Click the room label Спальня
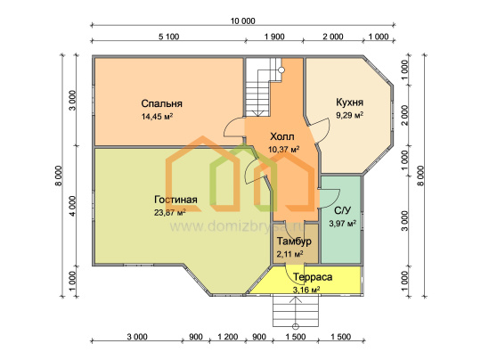point(161,103)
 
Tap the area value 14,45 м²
point(157,117)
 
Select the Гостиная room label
point(175,200)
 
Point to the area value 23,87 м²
point(170,212)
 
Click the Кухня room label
point(349,102)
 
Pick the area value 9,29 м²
point(350,116)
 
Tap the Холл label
point(282,136)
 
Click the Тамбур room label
point(294,241)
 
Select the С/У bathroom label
point(342,210)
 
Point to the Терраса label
point(313,277)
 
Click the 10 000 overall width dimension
point(242,20)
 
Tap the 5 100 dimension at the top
point(168,37)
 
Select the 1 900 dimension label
point(274,37)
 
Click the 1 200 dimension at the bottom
point(228,337)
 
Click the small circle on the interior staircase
point(281,70)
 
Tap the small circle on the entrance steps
point(296,326)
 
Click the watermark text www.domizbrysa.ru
point(237,226)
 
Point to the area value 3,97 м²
point(343,223)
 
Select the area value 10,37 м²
point(284,150)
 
